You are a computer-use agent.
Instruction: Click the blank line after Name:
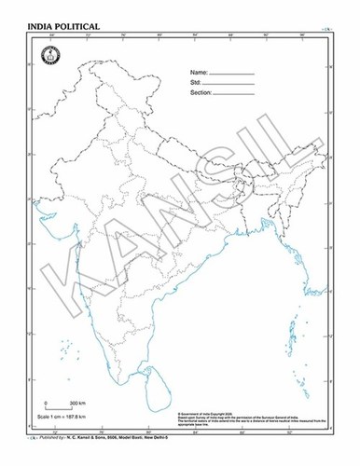point(232,73)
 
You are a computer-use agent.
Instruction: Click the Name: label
point(199,72)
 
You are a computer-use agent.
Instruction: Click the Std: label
point(196,82)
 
